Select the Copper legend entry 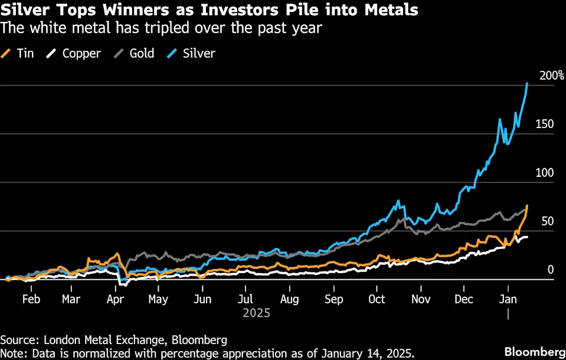(74, 54)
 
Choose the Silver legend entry (191, 54)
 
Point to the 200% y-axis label (552, 76)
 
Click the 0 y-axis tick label (551, 270)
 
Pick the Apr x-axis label (115, 299)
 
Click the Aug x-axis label (289, 299)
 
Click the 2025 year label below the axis (256, 313)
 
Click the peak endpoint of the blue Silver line (526, 84)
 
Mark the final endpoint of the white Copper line (527, 237)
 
